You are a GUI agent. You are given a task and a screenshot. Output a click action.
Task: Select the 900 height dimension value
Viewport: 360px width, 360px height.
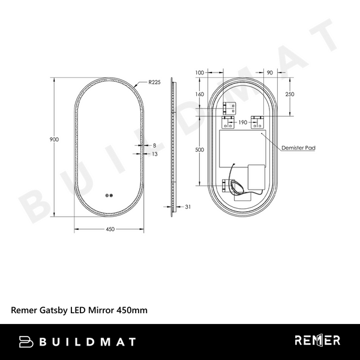click(x=53, y=139)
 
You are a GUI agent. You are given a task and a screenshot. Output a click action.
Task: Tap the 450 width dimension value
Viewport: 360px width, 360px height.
click(x=110, y=229)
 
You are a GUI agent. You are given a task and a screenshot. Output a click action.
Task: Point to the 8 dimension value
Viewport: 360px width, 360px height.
click(x=154, y=146)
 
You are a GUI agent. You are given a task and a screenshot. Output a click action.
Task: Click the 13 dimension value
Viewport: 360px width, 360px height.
click(x=155, y=154)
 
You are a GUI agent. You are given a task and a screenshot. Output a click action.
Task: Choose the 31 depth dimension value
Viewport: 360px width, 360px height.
click(x=187, y=207)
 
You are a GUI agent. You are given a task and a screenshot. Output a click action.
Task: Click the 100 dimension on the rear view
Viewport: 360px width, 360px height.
click(x=200, y=73)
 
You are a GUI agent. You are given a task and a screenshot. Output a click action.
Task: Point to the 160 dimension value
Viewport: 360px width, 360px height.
click(x=200, y=94)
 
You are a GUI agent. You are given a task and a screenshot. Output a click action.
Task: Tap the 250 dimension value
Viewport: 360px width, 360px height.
click(x=290, y=95)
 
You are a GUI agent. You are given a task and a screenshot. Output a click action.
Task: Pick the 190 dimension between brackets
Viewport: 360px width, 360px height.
click(x=243, y=122)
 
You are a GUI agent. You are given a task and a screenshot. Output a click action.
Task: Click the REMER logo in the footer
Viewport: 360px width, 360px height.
click(x=317, y=341)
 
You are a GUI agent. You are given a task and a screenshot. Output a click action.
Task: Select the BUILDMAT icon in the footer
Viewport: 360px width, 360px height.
click(x=27, y=341)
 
